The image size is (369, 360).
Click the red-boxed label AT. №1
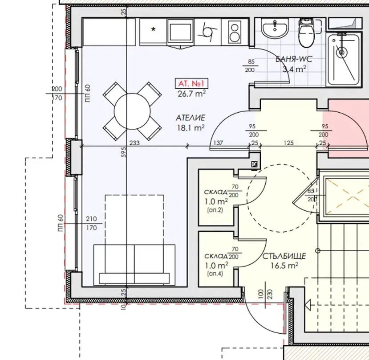[191, 83]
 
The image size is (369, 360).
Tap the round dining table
[132, 111]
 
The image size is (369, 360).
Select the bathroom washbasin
[275, 28]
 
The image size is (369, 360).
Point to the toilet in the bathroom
[306, 33]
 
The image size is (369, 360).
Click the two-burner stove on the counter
[235, 32]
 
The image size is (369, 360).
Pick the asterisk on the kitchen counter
[154, 30]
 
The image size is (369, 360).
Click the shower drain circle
[341, 52]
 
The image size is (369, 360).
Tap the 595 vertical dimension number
[124, 152]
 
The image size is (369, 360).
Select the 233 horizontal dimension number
[134, 143]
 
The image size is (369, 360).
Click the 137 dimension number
[218, 143]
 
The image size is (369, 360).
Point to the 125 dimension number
[288, 143]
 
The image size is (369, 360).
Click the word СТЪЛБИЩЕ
[284, 256]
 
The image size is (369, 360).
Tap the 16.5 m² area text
[284, 266]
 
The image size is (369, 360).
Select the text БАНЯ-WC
[294, 59]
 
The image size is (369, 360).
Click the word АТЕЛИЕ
[191, 118]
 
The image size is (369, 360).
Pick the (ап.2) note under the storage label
[215, 210]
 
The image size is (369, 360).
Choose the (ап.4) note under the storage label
[215, 274]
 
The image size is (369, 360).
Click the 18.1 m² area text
[191, 128]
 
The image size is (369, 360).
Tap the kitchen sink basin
[180, 31]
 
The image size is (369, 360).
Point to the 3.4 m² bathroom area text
[294, 69]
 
